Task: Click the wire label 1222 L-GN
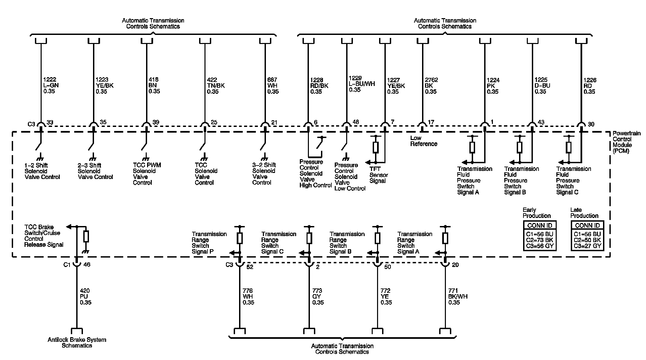coord(51,85)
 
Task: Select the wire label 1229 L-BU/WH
coord(362,84)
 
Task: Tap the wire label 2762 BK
coord(431,86)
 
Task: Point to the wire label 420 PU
coord(85,297)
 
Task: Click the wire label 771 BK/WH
coord(458,297)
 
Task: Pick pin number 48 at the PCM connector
coord(356,122)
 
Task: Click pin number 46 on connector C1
coord(87,265)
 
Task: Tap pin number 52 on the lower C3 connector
coord(250,267)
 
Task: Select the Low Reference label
coord(423,141)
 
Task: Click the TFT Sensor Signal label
coord(378,175)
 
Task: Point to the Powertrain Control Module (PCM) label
coord(622,142)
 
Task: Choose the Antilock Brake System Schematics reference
coord(77,343)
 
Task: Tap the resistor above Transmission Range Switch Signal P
coord(240,238)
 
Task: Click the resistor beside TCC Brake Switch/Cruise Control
coord(86,236)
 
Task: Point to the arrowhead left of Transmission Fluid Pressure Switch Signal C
coord(560,163)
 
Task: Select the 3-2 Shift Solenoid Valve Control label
coord(264,174)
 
